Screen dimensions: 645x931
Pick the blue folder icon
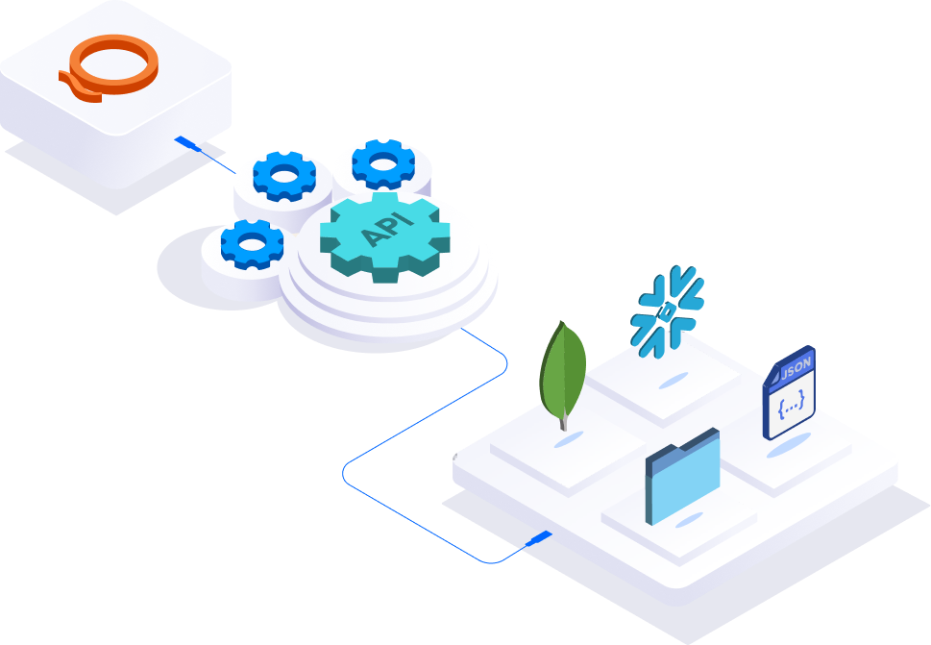point(682,475)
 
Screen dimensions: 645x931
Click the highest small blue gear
point(383,164)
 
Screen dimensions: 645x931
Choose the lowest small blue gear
point(252,243)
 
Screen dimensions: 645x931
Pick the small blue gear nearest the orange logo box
point(283,176)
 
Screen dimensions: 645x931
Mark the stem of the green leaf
point(563,420)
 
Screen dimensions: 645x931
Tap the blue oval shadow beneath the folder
point(687,520)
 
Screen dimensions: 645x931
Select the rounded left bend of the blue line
point(346,474)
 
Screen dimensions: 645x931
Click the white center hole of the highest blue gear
point(383,162)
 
